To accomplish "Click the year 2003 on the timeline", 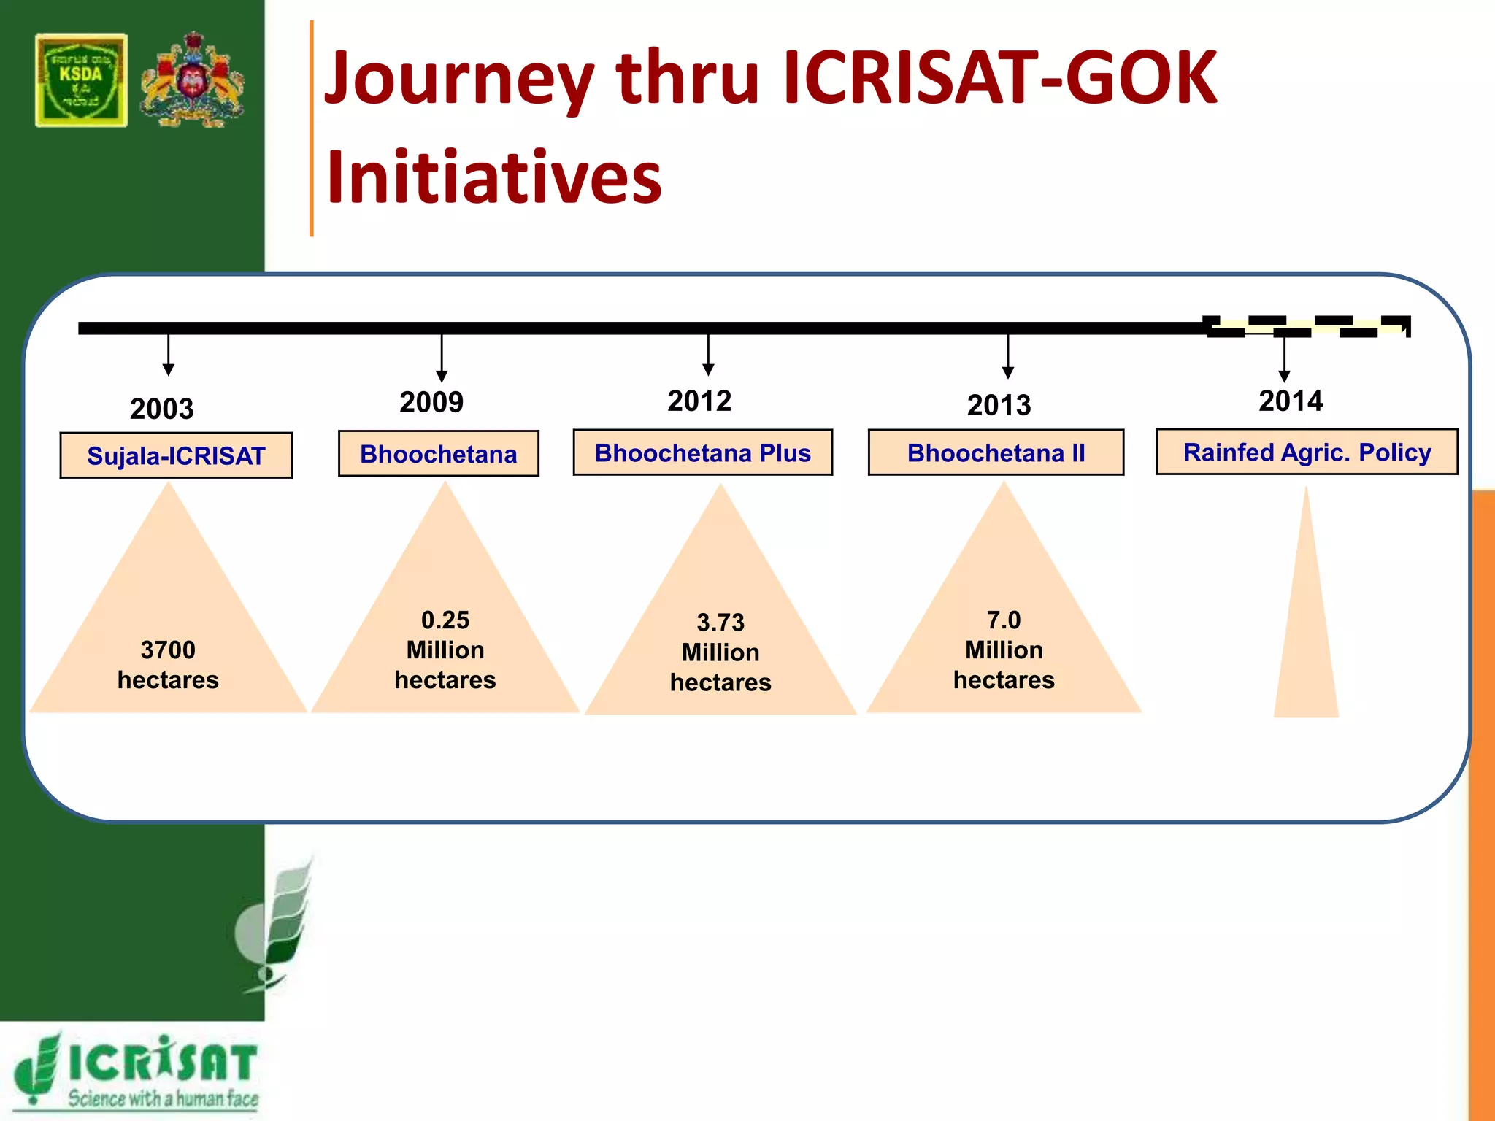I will (x=162, y=409).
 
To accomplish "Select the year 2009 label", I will (x=431, y=402).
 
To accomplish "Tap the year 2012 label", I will (x=699, y=401).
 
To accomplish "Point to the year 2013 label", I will (x=999, y=405).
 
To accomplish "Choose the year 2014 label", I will (x=1291, y=401).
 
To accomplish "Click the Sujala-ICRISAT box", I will (x=176, y=455).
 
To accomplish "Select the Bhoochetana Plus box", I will (x=702, y=453).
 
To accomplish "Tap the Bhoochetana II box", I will (x=996, y=453).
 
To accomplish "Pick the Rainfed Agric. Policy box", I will (x=1307, y=452).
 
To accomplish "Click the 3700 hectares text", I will (x=168, y=665).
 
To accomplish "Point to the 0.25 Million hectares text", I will (x=445, y=650).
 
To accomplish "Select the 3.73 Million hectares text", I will (x=720, y=652).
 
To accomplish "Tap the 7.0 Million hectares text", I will (x=1004, y=650).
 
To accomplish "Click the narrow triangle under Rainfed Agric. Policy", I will (x=1306, y=642).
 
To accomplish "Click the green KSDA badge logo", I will (x=81, y=80).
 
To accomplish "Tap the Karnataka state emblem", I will (x=193, y=80).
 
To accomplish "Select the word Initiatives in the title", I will (x=494, y=177).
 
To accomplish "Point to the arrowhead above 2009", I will (x=442, y=377).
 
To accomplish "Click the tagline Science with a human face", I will (x=163, y=1098).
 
